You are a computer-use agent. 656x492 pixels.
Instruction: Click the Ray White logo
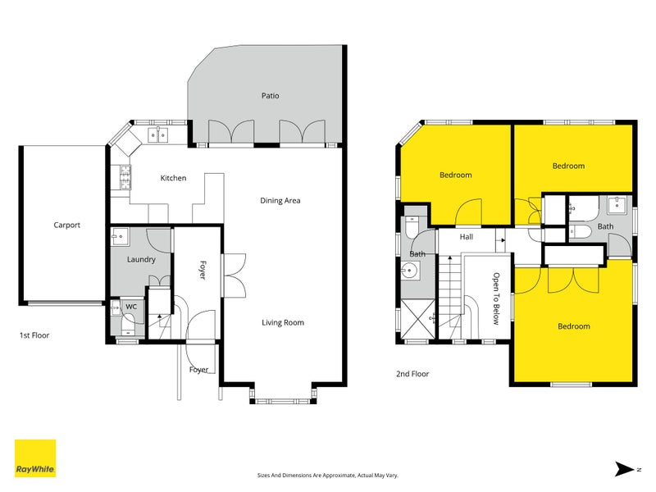[35, 458]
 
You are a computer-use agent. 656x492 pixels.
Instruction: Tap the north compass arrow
[626, 469]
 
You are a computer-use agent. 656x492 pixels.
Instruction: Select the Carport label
[67, 225]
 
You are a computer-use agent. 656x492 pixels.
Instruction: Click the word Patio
[271, 96]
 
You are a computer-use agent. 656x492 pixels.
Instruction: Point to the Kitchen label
[173, 178]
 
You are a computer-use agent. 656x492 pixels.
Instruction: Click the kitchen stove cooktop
[125, 177]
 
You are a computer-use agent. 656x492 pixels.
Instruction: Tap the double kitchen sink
[158, 135]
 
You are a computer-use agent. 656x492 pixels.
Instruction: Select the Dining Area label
[280, 201]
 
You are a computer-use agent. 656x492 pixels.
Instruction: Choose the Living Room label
[283, 322]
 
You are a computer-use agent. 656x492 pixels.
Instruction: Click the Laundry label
[141, 260]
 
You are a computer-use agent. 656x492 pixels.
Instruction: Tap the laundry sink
[121, 237]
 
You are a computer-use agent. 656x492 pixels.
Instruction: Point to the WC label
[131, 307]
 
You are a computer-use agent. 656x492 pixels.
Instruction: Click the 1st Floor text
[34, 335]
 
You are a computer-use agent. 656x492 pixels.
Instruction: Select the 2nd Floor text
[412, 374]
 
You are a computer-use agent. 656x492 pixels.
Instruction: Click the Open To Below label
[496, 298]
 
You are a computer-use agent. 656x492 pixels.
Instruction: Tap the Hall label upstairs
[467, 237]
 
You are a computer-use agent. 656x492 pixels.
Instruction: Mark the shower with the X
[418, 319]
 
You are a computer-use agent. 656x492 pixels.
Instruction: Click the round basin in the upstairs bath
[410, 271]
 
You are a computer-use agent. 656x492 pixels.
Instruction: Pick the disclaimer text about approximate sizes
[327, 476]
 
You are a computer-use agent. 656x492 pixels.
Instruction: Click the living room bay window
[283, 401]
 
